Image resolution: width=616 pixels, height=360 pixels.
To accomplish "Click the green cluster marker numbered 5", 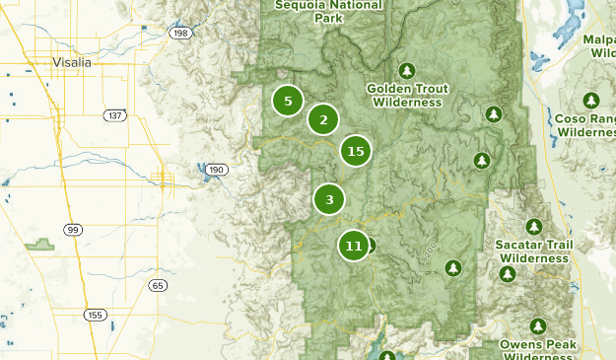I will click(288, 101).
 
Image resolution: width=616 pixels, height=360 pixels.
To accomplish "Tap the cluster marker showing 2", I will click(323, 120).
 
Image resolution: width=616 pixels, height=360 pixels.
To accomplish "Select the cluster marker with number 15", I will click(356, 151).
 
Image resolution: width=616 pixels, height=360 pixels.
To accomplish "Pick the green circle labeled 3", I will click(329, 199).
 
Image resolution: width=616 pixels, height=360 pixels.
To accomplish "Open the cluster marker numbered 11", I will click(355, 246).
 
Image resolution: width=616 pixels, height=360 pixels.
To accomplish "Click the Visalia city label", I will click(71, 62).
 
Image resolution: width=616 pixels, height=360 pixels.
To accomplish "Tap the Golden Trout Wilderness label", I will click(406, 95).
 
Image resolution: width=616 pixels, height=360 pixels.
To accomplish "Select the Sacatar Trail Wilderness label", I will click(534, 252).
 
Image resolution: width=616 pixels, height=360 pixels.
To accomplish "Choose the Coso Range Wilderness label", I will click(585, 124).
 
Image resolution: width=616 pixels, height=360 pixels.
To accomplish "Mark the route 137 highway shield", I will click(115, 115).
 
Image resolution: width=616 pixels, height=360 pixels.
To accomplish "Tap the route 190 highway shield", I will click(217, 170).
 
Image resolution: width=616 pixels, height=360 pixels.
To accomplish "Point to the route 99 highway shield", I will click(73, 229).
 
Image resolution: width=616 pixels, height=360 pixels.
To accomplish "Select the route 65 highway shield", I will click(158, 285).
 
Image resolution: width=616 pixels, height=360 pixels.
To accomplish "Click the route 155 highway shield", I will click(95, 315).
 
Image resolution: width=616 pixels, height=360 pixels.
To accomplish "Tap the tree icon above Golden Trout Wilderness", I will click(406, 70).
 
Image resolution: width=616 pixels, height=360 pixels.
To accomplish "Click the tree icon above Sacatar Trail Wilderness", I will click(534, 227).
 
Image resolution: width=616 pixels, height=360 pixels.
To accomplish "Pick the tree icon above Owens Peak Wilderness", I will click(538, 325).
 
